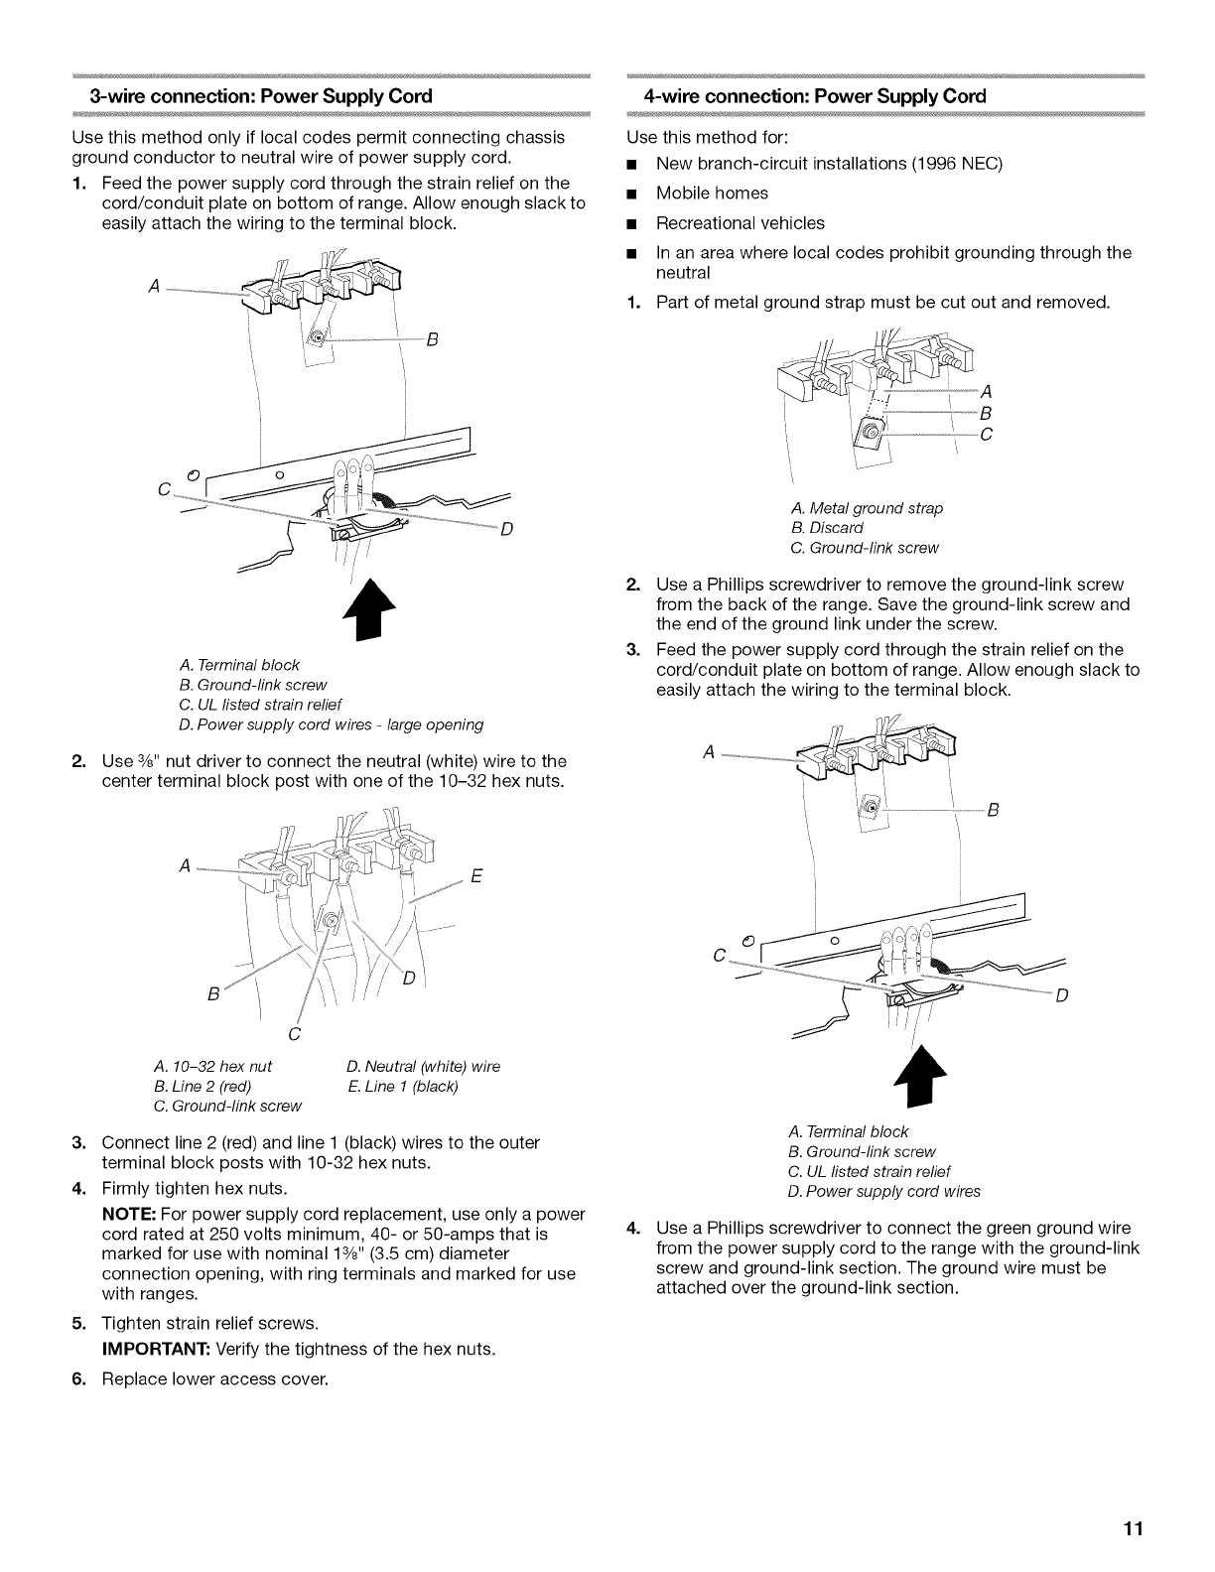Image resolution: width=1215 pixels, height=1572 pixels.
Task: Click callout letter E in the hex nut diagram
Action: point(476,876)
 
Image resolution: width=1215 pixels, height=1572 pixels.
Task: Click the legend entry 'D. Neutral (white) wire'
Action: point(424,1066)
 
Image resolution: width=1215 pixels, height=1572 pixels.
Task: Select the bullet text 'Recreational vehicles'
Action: point(740,222)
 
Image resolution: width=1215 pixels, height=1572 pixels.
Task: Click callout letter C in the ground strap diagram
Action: point(987,434)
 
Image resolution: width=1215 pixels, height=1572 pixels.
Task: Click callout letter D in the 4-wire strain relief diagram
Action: point(1061,996)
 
